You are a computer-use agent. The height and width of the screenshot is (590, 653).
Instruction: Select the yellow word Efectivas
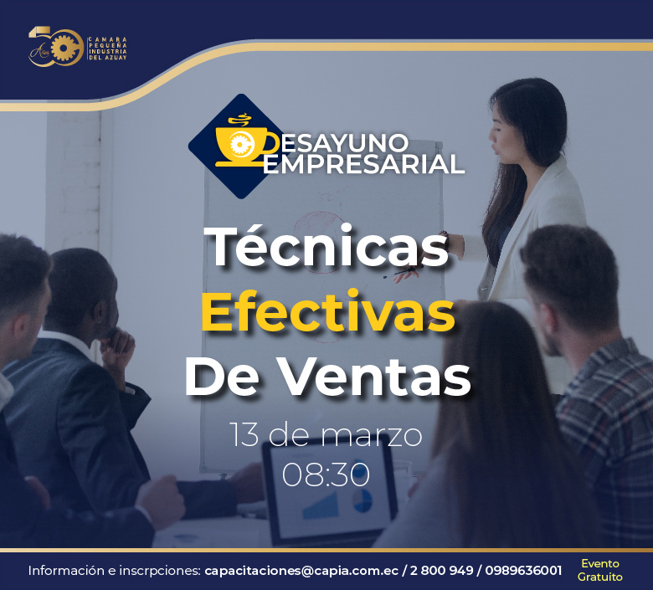(327, 311)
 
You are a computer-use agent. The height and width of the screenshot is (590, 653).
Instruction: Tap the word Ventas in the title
(376, 377)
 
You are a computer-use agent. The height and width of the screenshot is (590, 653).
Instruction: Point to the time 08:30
(326, 474)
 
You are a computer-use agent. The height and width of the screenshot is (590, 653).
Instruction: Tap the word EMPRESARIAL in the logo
(363, 164)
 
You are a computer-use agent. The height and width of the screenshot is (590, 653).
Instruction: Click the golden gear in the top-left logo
(64, 48)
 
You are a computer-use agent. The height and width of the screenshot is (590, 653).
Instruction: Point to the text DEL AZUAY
(107, 58)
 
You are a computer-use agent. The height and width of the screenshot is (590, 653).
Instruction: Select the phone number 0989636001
(523, 570)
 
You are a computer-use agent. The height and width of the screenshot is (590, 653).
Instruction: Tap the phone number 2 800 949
(441, 570)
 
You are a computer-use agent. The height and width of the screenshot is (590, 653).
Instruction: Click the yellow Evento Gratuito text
(600, 570)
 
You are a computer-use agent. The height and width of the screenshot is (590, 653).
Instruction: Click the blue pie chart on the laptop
(362, 500)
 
